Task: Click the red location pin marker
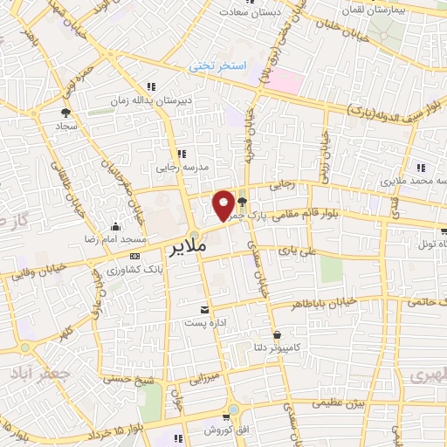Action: click(x=223, y=205)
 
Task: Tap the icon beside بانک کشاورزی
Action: click(x=134, y=256)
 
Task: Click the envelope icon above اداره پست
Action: click(x=205, y=310)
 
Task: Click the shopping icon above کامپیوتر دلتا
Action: click(x=276, y=334)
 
